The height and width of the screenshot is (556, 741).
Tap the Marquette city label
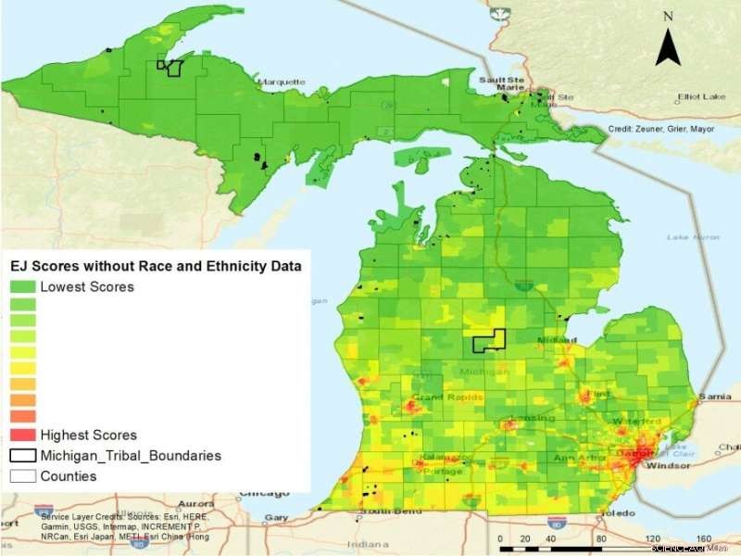pos(281,82)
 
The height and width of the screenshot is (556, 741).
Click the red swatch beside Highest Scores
pos(23,435)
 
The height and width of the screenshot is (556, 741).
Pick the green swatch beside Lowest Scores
pos(23,287)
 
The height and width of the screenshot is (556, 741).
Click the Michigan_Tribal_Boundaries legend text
pos(131,456)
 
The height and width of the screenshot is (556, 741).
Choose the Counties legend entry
pos(68,476)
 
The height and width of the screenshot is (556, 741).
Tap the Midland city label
pos(554,341)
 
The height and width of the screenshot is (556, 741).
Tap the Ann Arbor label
pos(572,459)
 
